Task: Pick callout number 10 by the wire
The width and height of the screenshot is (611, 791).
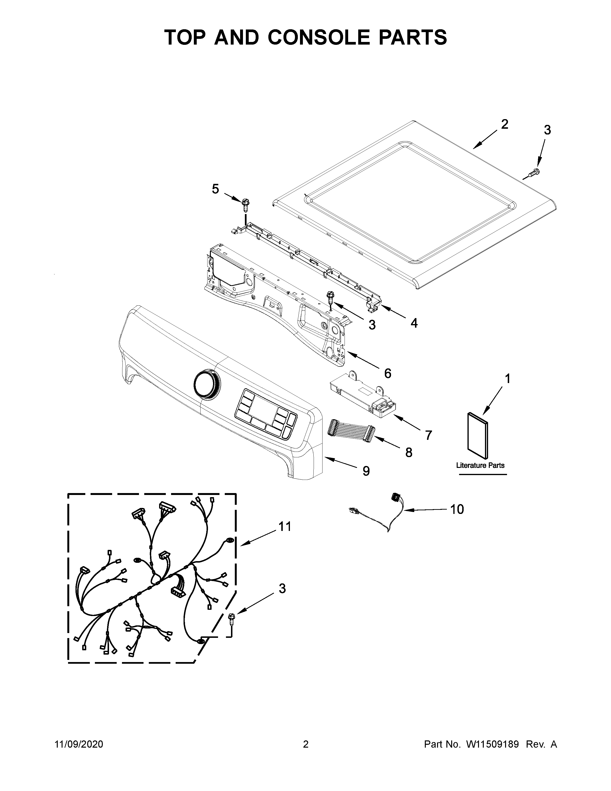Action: (x=457, y=509)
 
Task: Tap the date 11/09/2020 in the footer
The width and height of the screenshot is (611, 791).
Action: (x=79, y=744)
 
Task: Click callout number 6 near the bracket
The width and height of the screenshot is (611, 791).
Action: (x=388, y=373)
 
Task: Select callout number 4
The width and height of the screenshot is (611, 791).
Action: (x=414, y=323)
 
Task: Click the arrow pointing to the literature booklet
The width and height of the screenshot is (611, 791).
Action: (x=492, y=401)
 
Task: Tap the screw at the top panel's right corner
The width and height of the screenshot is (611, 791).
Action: (x=534, y=173)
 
